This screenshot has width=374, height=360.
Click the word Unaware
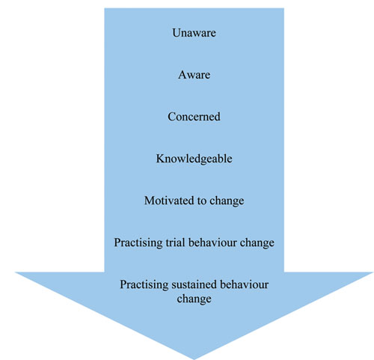[x=194, y=33]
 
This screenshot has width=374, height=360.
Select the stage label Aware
[x=194, y=75]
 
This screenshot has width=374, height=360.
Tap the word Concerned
[x=194, y=117]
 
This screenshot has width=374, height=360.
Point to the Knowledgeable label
[x=194, y=159]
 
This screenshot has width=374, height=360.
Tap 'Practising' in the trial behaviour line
[x=138, y=242]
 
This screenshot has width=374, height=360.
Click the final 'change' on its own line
[x=194, y=299]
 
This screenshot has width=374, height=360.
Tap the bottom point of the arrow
[x=194, y=359]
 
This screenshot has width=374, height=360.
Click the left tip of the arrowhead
[x=16, y=272]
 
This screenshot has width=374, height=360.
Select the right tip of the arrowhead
[x=373, y=272]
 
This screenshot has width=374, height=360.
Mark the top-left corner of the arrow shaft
[x=105, y=8]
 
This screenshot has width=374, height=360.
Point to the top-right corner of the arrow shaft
[x=284, y=8]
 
